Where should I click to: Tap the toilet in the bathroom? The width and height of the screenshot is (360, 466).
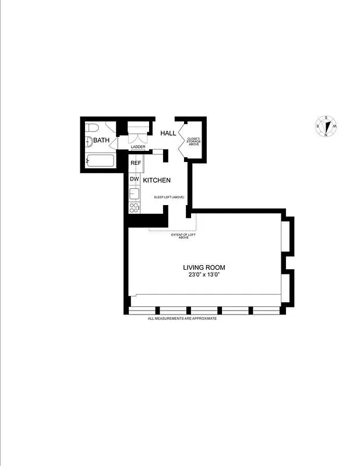click(91, 128)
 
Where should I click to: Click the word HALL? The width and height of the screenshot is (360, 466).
click(168, 133)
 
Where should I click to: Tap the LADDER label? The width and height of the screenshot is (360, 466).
click(138, 147)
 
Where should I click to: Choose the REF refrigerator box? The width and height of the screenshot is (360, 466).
click(135, 163)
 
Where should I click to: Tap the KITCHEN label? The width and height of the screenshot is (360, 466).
click(157, 181)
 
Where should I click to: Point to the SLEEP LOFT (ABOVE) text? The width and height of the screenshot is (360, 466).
click(169, 197)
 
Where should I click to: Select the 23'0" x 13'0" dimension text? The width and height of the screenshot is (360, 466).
click(204, 274)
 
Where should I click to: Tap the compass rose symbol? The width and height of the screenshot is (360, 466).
click(326, 126)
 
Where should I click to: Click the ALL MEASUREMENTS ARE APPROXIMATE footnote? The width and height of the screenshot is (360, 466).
click(182, 319)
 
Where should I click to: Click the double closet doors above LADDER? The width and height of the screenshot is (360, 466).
click(138, 138)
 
